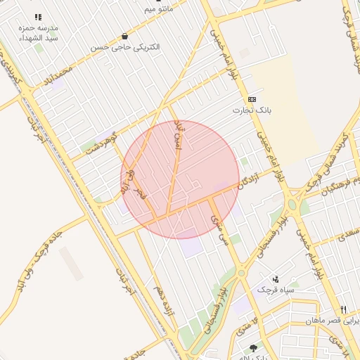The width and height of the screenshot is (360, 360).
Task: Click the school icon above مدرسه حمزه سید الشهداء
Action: (38, 17)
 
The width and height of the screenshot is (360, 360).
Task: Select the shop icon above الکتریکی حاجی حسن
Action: (125, 36)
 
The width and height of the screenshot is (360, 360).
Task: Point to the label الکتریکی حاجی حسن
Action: (125, 47)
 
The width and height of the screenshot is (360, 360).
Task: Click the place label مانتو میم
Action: (158, 10)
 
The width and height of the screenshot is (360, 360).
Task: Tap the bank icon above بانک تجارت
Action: (252, 99)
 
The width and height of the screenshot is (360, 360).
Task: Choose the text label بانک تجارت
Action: (252, 110)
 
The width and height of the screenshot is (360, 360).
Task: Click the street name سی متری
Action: (220, 229)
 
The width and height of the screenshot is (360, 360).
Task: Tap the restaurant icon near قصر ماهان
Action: (343, 309)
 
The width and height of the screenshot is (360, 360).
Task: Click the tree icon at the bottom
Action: (253, 347)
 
